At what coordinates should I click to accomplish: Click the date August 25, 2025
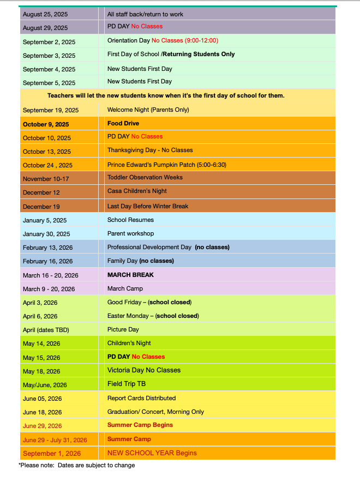45,14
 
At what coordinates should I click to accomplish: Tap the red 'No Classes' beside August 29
147,26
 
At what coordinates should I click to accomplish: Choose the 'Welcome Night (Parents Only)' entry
148,110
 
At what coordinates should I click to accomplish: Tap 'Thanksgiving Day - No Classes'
150,150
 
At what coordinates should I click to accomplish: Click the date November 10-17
49,178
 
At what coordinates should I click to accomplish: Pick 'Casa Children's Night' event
137,191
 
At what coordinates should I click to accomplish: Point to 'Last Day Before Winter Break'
148,206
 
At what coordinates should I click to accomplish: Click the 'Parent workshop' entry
131,233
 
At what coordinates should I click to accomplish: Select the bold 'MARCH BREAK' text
130,275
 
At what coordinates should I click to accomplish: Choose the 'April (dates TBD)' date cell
46,330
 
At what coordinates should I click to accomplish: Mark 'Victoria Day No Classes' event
144,370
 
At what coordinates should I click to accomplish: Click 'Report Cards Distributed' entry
141,398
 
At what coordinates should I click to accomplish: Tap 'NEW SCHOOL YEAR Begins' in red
152,453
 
